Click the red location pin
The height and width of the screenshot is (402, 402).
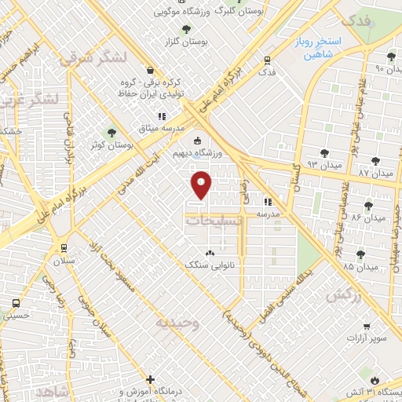tap(202, 185)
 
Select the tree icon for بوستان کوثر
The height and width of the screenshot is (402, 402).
tap(111, 133)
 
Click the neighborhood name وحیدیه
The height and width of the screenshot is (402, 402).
tap(177, 322)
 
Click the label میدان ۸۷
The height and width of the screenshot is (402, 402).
tap(375, 172)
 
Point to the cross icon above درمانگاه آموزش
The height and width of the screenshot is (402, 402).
tap(151, 379)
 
